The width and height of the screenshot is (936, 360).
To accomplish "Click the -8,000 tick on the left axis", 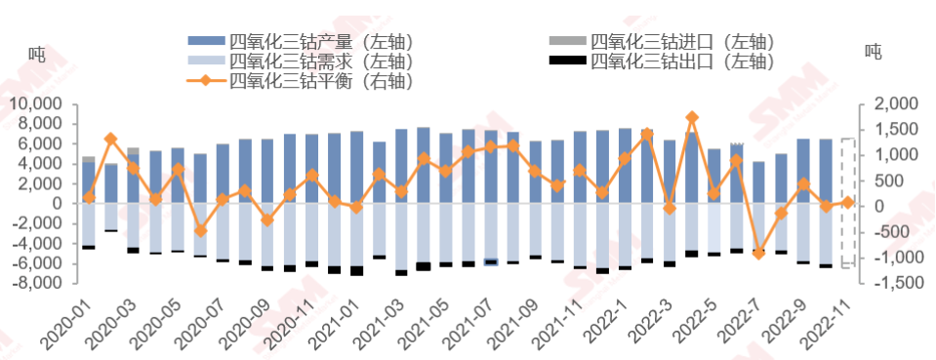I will [x=38, y=283].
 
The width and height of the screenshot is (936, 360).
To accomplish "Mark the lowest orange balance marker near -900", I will [x=758, y=253].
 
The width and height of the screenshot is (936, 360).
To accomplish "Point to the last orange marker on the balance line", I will [x=847, y=202].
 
